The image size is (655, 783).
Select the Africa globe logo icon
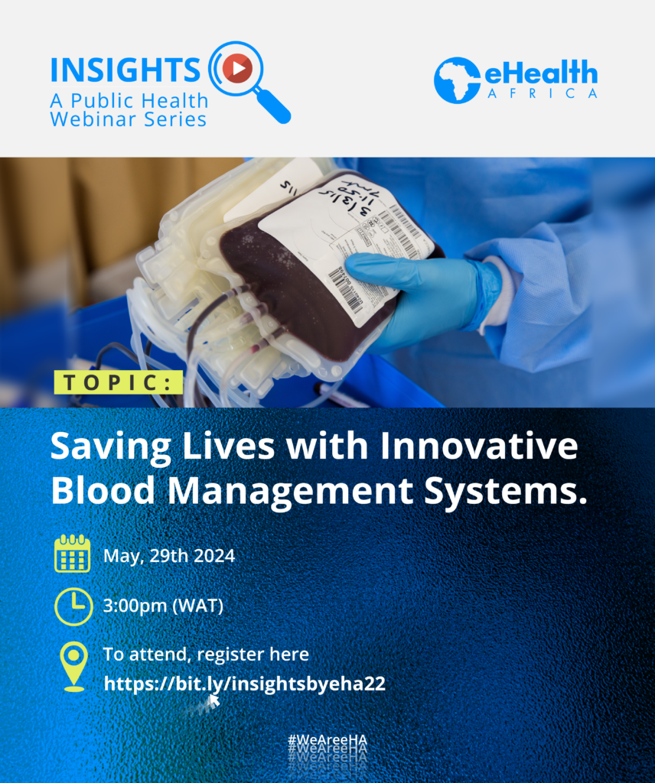(x=458, y=80)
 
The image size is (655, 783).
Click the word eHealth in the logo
(x=540, y=74)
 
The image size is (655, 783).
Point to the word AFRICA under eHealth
(x=542, y=94)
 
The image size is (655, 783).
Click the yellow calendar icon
(x=73, y=554)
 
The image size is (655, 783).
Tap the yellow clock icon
(x=73, y=606)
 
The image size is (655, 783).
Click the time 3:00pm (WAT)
(x=163, y=606)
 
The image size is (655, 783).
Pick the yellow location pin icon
(x=73, y=666)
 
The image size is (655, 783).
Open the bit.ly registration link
(x=244, y=683)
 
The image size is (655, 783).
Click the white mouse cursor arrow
(x=214, y=700)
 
